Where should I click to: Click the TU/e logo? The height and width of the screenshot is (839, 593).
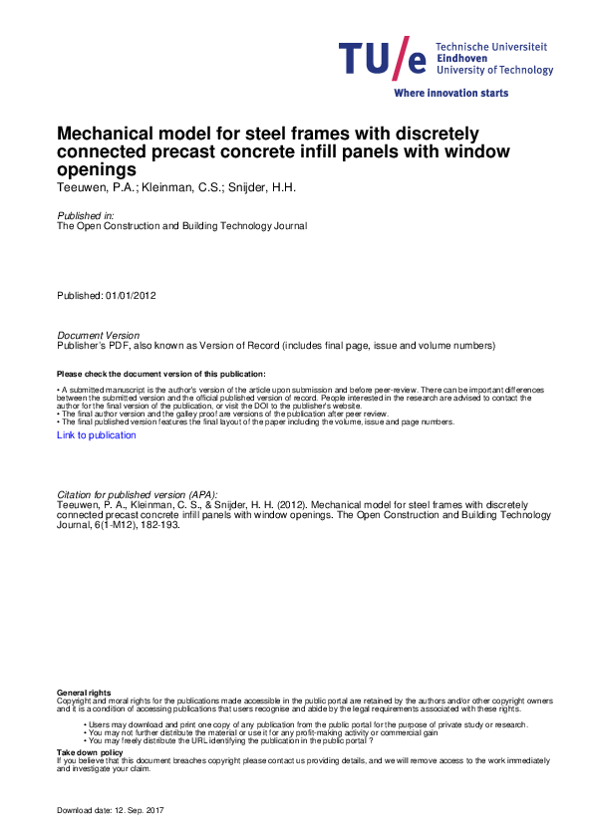(384, 60)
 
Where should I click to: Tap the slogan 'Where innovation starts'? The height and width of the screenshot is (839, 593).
(451, 93)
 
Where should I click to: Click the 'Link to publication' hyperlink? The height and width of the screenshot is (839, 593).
(97, 435)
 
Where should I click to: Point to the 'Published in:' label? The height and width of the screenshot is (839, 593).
(85, 215)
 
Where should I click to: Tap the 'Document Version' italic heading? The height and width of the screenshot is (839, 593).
(99, 336)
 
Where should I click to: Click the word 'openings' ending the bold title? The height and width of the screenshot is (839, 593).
(97, 169)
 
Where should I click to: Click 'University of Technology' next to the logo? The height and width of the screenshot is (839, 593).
(495, 71)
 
